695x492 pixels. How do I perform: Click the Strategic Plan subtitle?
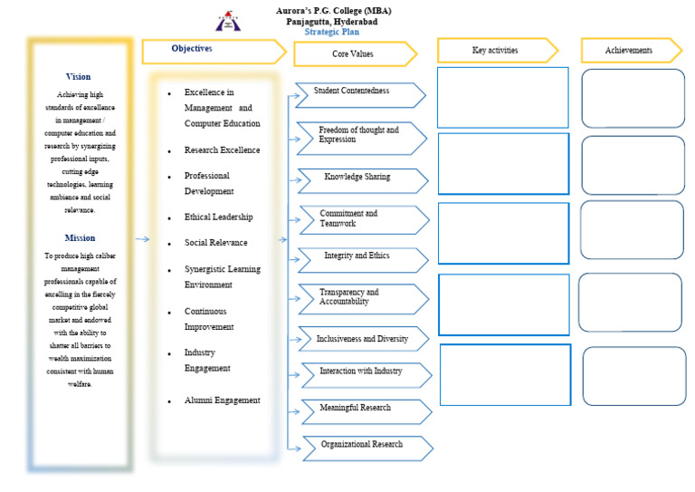click(332, 32)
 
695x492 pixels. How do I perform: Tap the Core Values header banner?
click(353, 54)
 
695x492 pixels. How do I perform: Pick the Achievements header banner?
click(629, 51)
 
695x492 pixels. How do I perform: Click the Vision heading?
click(79, 77)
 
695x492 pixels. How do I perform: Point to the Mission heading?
click(80, 238)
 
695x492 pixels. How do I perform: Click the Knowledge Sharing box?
click(360, 178)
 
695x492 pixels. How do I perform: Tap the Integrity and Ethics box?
click(360, 258)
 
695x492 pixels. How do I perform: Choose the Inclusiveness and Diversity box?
click(362, 339)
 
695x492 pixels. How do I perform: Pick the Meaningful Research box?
click(362, 410)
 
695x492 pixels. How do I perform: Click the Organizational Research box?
click(364, 446)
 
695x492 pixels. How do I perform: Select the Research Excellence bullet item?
click(222, 150)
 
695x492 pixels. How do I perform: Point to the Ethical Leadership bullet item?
click(218, 217)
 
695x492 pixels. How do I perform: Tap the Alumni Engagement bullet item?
click(222, 400)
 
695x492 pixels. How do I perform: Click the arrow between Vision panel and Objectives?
click(142, 239)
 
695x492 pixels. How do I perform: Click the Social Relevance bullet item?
click(215, 243)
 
